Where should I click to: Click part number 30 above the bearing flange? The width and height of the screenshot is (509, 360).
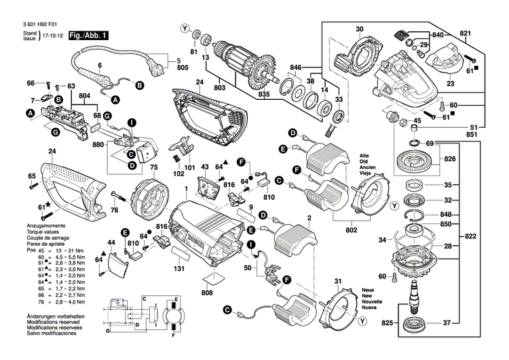point(360,29)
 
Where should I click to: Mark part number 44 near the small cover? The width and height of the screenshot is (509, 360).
point(111,242)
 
